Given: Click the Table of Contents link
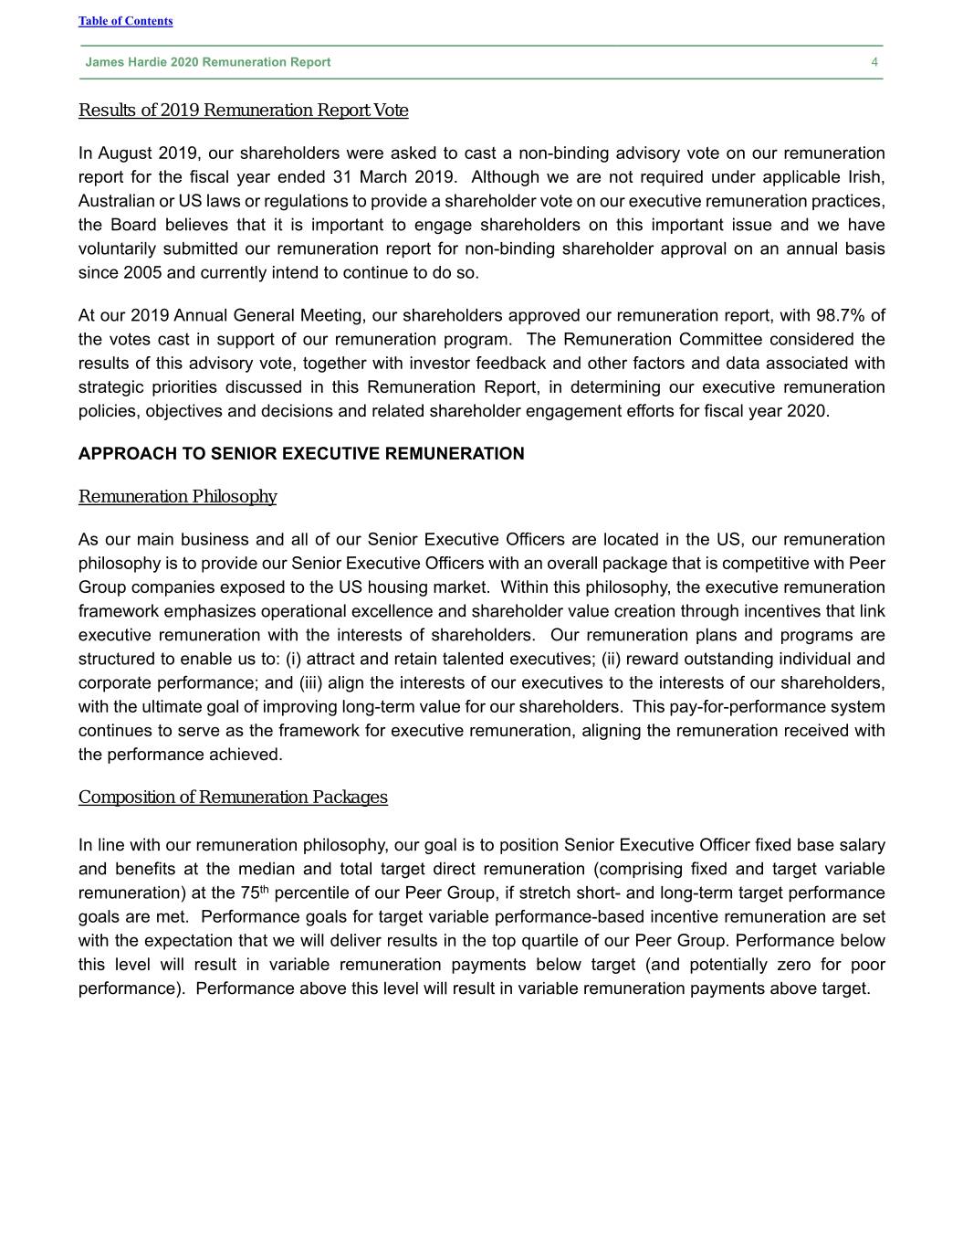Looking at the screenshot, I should pyautogui.click(x=125, y=21).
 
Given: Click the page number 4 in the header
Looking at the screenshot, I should pyautogui.click(x=874, y=62).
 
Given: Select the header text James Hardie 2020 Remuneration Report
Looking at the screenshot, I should pyautogui.click(x=208, y=62).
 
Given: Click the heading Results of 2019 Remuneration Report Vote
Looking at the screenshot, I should pyautogui.click(x=243, y=111).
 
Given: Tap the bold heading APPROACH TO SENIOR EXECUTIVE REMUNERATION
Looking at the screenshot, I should pyautogui.click(x=301, y=454).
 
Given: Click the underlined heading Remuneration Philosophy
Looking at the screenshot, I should pyautogui.click(x=177, y=497).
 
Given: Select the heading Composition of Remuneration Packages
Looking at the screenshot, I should pyautogui.click(x=233, y=798).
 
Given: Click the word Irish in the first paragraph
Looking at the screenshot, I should pyautogui.click(x=864, y=177).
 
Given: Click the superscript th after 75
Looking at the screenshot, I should pyautogui.click(x=264, y=890).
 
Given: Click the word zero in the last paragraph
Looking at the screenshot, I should pyautogui.click(x=796, y=965).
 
